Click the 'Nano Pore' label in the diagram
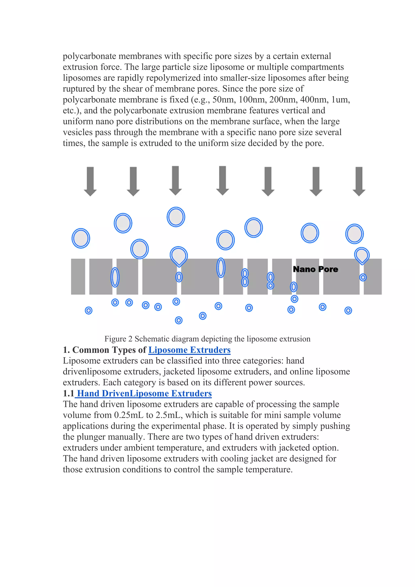pyautogui.click(x=315, y=269)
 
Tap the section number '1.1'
pyautogui.click(x=68, y=393)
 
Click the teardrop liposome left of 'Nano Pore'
pyautogui.click(x=179, y=256)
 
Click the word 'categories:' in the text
pyautogui.click(x=258, y=361)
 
